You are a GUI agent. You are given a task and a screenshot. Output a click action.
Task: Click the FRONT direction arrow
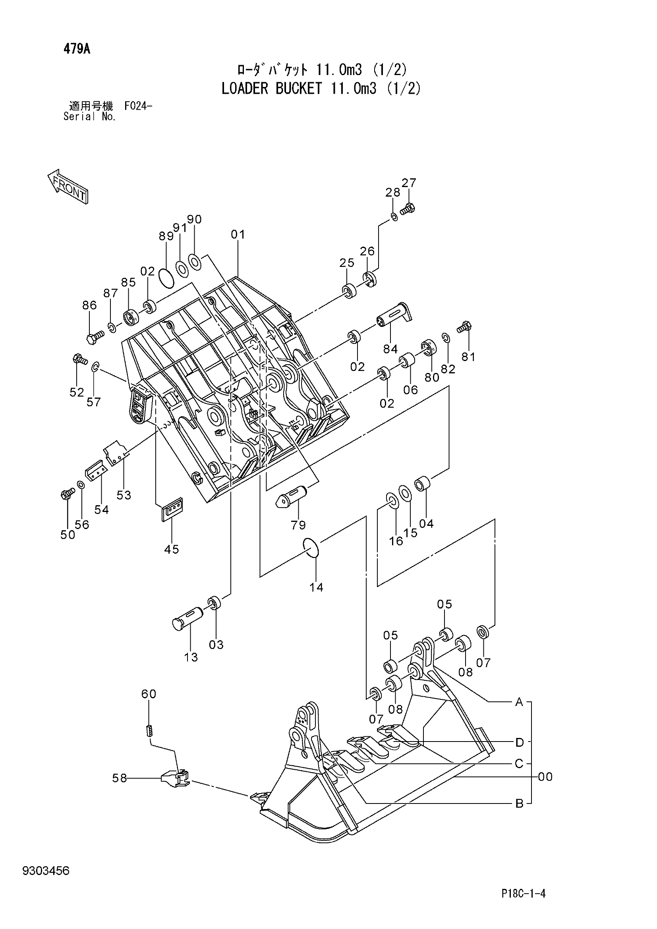tap(68, 186)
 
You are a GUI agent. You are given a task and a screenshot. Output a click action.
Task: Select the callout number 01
tap(238, 234)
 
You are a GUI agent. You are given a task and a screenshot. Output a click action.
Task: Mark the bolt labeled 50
tap(67, 493)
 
